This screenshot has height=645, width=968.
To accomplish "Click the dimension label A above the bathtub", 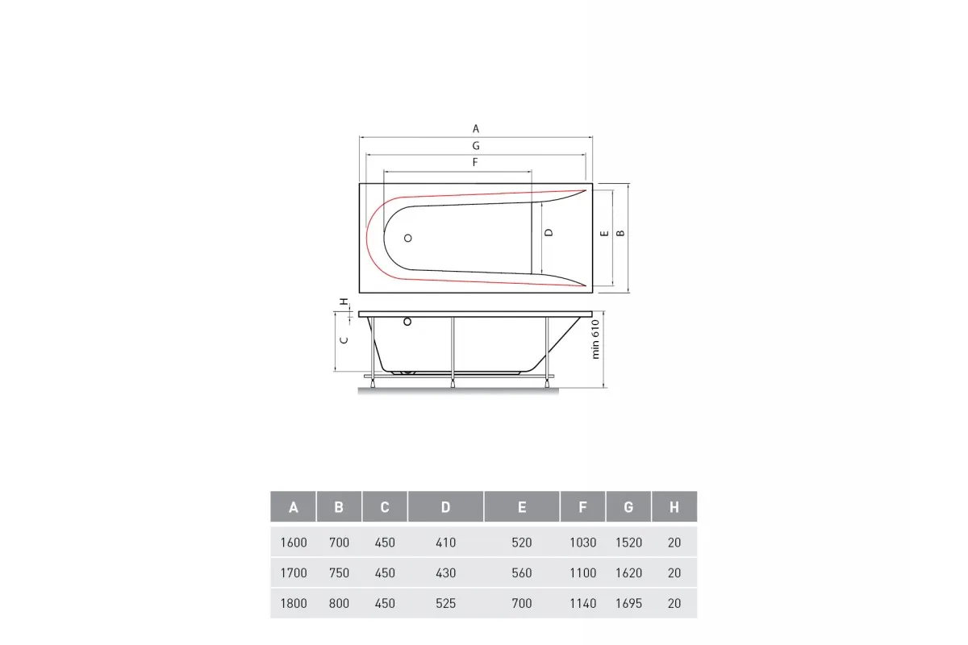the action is click(475, 129).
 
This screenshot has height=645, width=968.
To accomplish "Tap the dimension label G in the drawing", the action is click(476, 146).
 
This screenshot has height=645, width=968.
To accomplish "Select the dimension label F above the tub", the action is click(475, 162).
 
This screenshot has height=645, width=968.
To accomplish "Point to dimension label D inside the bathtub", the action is click(549, 232).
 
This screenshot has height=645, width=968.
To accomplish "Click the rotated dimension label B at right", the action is click(620, 233).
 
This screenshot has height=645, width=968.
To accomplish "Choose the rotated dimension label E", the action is click(604, 233).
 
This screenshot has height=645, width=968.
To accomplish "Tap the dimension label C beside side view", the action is click(344, 340).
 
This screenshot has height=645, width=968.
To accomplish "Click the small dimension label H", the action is click(343, 302).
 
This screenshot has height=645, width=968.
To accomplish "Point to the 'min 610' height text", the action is click(595, 339).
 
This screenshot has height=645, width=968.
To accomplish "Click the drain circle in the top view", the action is click(407, 238).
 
